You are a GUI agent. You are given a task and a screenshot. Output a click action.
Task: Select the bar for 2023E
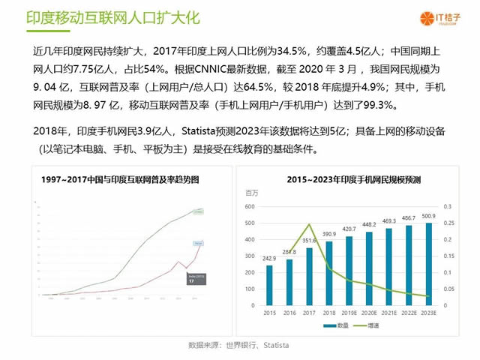pyautogui.click(x=428, y=263)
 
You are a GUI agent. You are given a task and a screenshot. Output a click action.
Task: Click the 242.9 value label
pyautogui.click(x=270, y=259)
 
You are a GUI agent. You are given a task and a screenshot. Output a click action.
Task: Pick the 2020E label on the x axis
pyautogui.click(x=369, y=312)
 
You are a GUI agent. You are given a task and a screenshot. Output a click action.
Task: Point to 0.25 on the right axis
pyautogui.click(x=448, y=223)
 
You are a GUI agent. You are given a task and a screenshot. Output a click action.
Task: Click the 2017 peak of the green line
pyautogui.click(x=309, y=223)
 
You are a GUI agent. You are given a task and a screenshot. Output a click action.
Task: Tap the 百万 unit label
pyautogui.click(x=252, y=193)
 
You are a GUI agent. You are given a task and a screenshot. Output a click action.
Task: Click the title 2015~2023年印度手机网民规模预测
pyautogui.click(x=353, y=180)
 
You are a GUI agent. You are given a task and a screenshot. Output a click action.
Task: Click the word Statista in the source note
pyautogui.click(x=273, y=345)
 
